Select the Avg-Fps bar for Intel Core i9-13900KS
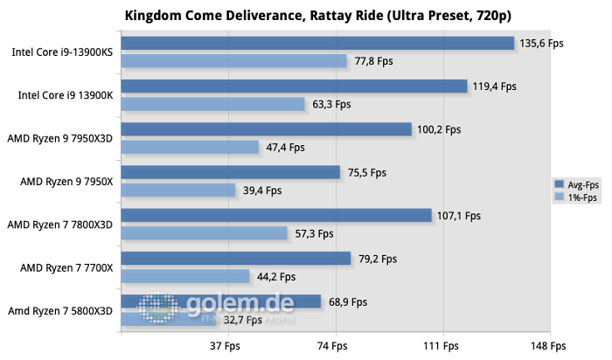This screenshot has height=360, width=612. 316,44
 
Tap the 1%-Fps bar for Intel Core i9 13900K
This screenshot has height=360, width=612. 212,104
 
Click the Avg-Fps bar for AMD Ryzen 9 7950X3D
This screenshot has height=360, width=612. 266,129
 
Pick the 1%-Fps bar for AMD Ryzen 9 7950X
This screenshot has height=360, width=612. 178,190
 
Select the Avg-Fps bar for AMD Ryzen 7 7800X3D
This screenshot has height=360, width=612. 275,215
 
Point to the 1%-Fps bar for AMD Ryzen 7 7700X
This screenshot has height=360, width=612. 185,276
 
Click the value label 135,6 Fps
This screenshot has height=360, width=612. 542,44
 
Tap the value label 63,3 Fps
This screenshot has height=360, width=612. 331,104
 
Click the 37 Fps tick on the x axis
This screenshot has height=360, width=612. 226,346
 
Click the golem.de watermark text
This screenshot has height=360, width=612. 239,304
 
